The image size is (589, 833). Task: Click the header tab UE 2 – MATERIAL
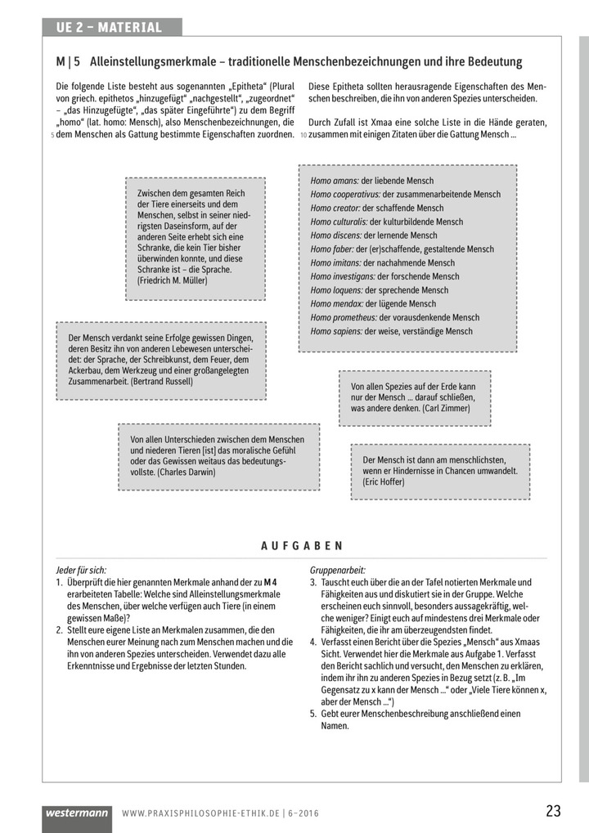109,28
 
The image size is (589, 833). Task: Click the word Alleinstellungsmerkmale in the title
155,62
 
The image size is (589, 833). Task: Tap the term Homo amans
335,181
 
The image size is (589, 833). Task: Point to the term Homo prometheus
344,317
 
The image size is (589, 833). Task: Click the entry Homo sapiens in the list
336,331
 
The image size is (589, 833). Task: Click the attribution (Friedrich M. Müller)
173,280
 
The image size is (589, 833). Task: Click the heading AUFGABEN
302,546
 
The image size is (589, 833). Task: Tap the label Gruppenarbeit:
338,570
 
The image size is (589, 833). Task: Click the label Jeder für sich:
81,570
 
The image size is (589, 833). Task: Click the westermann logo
77,813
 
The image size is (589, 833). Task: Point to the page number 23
553,812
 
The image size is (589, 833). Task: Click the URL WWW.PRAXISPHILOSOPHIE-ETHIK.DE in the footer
200,814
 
